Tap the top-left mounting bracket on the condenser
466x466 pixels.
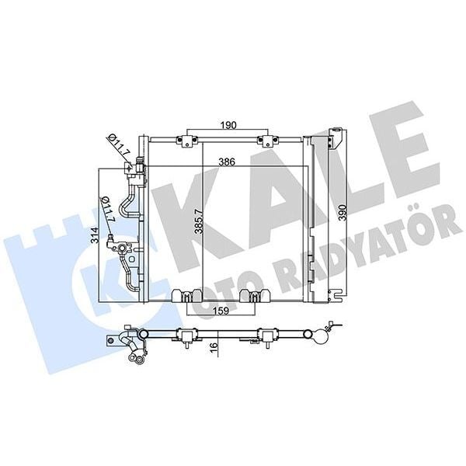pos(186,140)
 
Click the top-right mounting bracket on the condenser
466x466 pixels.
pos(268,140)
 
